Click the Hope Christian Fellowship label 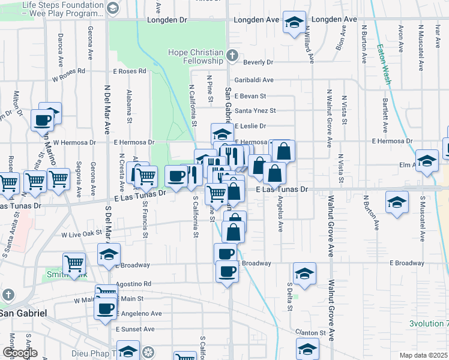[x=196, y=56]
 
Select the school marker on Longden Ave [x=294, y=23]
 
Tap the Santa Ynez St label [x=255, y=110]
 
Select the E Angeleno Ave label [x=139, y=313]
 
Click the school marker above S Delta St [x=304, y=273]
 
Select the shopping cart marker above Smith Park [x=74, y=263]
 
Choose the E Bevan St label [x=250, y=95]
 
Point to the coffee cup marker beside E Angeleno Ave [x=105, y=308]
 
